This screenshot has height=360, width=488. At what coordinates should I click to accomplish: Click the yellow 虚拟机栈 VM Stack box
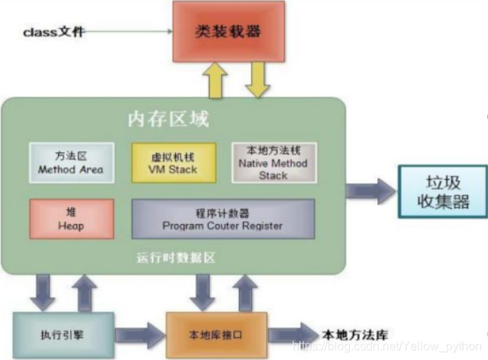(173, 163)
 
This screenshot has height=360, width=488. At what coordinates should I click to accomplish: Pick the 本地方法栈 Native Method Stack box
(273, 162)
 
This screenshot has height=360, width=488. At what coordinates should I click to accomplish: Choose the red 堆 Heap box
(72, 218)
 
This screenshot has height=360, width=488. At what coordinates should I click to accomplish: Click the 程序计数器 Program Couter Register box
(223, 219)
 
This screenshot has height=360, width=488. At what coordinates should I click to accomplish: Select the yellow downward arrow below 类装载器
(257, 79)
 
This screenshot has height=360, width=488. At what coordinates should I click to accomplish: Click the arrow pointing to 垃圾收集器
(370, 192)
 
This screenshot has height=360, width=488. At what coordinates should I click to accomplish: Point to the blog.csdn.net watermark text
(385, 346)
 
